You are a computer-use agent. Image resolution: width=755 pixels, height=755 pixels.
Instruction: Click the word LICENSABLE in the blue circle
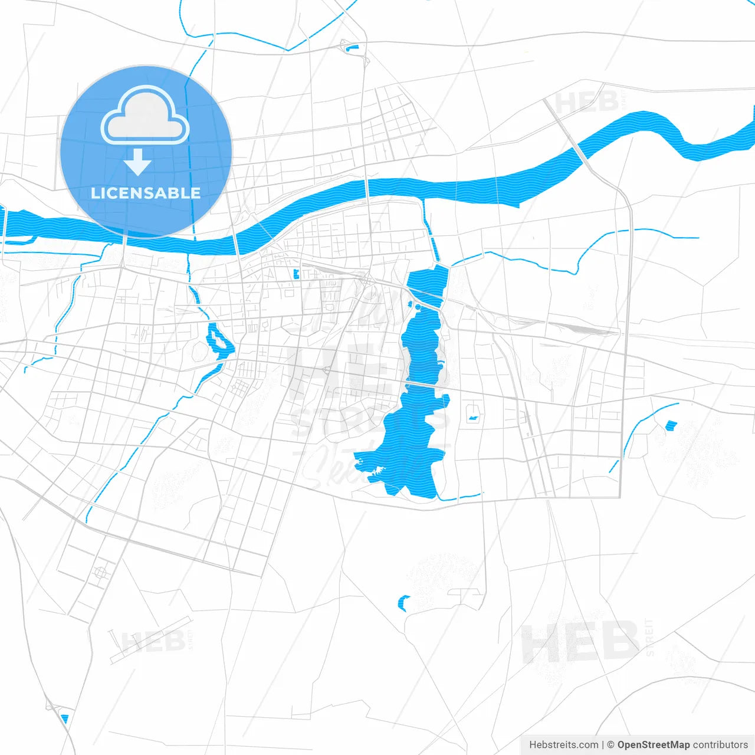point(146,193)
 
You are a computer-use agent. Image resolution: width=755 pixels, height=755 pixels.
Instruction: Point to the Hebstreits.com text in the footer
point(563,745)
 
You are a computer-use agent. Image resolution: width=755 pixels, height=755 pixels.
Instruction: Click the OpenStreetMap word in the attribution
point(653,745)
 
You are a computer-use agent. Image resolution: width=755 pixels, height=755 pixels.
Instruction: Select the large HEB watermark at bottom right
point(580,643)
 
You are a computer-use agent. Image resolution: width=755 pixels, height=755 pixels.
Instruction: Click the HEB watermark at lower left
point(153,642)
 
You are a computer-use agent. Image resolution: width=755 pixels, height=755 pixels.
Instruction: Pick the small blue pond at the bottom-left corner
point(64,719)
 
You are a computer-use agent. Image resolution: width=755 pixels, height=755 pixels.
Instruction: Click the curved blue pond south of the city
point(403,603)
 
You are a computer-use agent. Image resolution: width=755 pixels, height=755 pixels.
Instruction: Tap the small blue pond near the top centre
point(353,48)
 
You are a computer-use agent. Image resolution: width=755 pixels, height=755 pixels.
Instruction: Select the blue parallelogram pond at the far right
point(671,425)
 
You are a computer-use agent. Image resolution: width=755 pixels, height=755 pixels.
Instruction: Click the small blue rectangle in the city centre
point(296,273)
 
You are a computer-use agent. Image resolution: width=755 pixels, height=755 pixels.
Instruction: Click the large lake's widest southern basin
point(407,454)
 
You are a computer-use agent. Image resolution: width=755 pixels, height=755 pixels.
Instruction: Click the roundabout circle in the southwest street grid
point(101,572)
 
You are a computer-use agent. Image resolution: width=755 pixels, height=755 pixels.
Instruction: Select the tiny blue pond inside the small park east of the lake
point(472,418)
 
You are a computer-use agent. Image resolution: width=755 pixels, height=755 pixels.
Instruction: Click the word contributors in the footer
point(720,745)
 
